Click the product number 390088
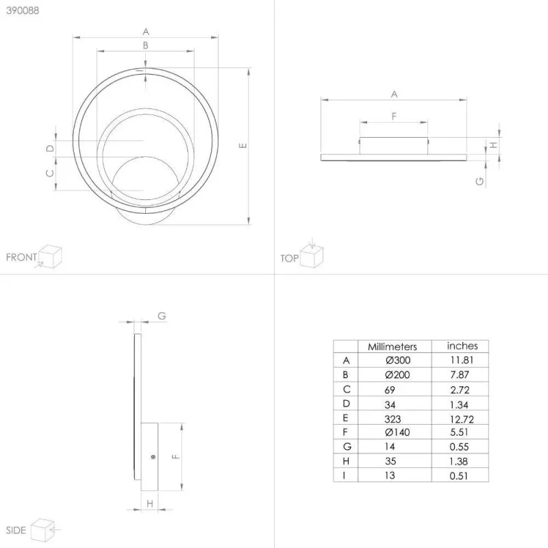click(x=23, y=10)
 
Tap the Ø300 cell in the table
click(x=398, y=360)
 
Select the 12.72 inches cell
click(x=462, y=419)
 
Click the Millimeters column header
click(x=392, y=347)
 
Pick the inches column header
click(x=462, y=346)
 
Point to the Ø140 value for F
click(x=397, y=432)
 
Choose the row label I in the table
click(x=345, y=475)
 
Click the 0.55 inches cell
click(x=459, y=447)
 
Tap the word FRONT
click(x=21, y=258)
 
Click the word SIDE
click(x=16, y=530)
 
